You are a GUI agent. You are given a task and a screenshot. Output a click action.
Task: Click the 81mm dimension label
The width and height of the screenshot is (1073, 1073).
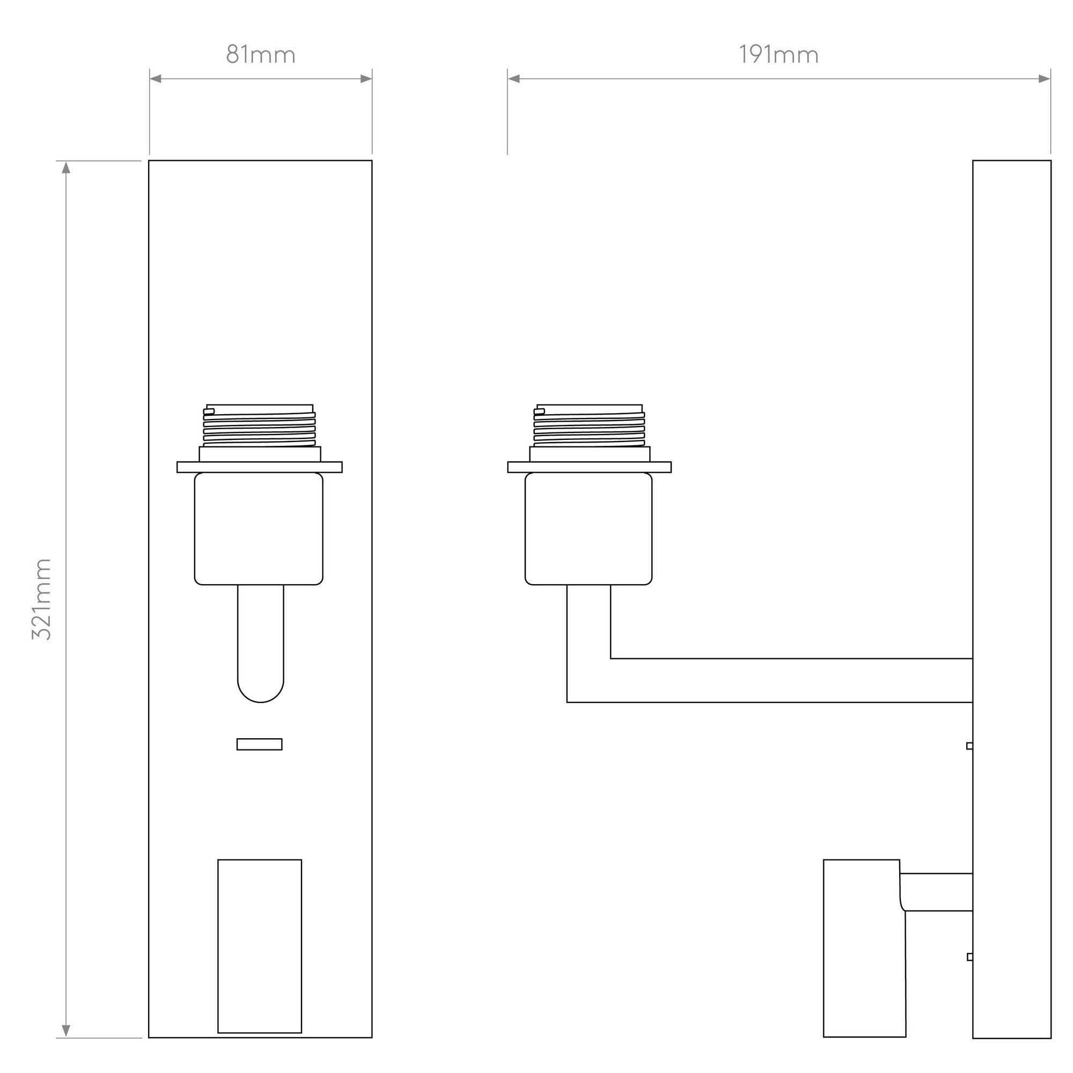click(261, 55)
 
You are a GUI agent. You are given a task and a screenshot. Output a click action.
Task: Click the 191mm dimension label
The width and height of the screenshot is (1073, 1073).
click(778, 55)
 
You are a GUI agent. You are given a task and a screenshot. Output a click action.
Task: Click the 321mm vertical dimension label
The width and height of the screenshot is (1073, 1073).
click(42, 599)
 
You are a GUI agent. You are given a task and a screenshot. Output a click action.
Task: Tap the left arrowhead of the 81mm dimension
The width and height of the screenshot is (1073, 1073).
click(156, 79)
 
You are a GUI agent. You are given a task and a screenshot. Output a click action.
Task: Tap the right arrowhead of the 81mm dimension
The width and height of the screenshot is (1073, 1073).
click(366, 79)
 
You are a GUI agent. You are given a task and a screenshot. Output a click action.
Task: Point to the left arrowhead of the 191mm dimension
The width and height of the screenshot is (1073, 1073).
click(514, 79)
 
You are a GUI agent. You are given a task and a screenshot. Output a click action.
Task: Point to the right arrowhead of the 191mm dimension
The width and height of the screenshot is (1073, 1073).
click(1044, 79)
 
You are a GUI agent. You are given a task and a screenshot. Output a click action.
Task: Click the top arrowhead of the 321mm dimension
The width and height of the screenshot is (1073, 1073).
click(66, 167)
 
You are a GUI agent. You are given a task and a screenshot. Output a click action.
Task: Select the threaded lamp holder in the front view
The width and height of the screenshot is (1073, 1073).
click(259, 427)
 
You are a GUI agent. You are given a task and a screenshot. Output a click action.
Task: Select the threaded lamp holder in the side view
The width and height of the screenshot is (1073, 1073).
click(589, 427)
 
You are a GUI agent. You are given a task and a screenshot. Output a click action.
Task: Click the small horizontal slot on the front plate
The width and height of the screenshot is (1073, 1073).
click(259, 744)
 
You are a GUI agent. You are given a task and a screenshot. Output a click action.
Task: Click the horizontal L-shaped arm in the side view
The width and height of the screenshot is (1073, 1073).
click(777, 680)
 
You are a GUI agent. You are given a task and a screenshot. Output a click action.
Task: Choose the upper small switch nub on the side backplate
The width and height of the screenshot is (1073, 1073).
click(969, 745)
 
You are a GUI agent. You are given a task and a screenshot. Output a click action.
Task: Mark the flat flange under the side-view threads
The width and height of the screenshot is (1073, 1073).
click(589, 467)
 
